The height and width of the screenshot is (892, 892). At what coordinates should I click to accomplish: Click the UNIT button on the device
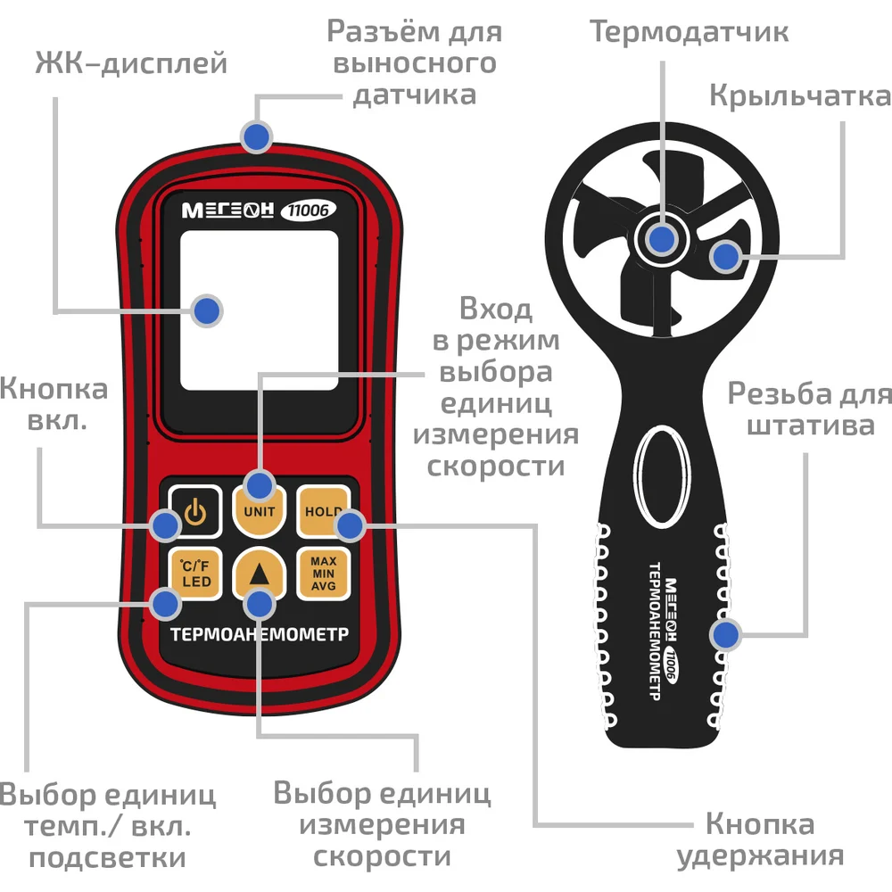click(x=259, y=511)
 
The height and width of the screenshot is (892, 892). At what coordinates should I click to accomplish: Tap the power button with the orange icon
click(x=195, y=511)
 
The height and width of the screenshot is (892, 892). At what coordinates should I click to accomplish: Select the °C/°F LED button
click(x=195, y=574)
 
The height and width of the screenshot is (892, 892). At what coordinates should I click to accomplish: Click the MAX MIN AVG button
click(x=323, y=574)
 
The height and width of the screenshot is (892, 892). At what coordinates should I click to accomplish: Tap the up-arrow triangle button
click(x=259, y=574)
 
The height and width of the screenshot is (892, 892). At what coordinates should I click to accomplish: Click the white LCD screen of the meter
click(x=259, y=310)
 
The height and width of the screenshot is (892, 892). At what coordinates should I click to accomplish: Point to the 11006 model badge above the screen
click(x=309, y=211)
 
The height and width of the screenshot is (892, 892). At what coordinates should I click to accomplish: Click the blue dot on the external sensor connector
click(x=257, y=136)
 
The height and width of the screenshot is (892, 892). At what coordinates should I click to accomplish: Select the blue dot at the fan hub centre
click(x=662, y=239)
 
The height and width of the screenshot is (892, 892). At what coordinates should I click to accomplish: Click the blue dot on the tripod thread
click(x=725, y=634)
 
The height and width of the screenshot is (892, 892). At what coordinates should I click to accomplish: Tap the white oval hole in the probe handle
click(x=662, y=476)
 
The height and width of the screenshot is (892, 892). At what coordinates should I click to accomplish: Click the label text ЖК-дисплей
click(x=131, y=62)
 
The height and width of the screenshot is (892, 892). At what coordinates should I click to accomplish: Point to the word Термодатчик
click(x=689, y=32)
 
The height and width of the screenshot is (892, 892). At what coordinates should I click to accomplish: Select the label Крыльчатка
click(x=800, y=95)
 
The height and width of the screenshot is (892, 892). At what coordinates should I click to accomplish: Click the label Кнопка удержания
click(x=760, y=839)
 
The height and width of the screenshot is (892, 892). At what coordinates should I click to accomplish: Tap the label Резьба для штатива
click(x=810, y=409)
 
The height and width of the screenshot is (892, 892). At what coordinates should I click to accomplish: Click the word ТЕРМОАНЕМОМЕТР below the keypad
click(x=260, y=634)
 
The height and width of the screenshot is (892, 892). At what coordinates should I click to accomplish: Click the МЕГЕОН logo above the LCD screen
click(x=228, y=211)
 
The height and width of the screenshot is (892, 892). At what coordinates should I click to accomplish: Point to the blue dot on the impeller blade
click(x=725, y=257)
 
